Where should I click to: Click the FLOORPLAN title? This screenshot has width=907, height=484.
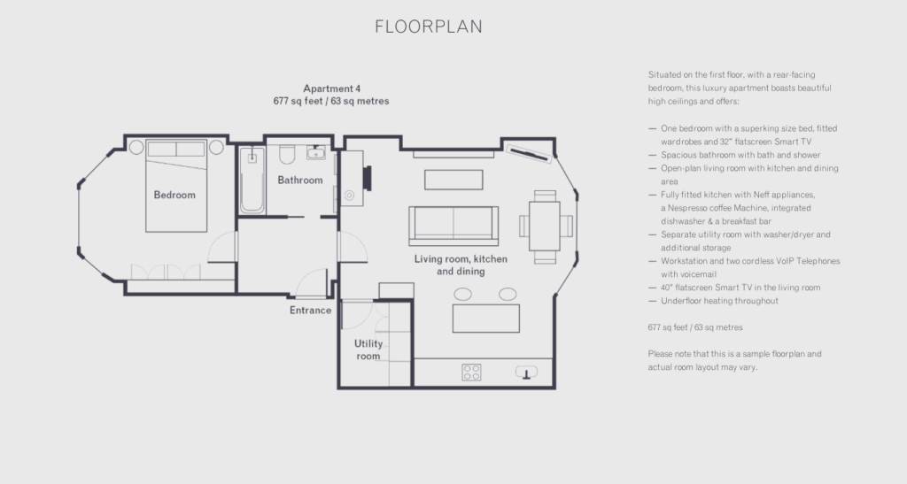click(429, 27)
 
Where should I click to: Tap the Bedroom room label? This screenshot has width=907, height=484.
click(174, 196)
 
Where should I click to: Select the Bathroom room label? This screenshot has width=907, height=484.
click(300, 181)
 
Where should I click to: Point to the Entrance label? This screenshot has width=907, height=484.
click(311, 311)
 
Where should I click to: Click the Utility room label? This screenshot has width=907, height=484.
click(368, 350)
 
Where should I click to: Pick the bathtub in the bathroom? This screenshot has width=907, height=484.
click(252, 181)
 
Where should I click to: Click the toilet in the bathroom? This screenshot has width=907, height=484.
click(287, 154)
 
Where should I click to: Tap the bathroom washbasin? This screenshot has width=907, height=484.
click(316, 152)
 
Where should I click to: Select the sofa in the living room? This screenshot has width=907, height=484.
click(453, 225)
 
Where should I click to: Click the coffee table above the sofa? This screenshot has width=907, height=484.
click(453, 180)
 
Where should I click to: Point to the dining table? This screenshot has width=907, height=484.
click(545, 226)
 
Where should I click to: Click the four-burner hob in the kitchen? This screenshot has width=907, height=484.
click(471, 373)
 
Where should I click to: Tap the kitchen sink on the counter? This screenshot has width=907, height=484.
click(526, 373)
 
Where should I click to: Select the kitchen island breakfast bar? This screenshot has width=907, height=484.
click(486, 319)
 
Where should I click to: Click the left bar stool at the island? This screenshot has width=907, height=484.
click(462, 295)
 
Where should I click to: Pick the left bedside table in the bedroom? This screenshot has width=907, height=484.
click(136, 147)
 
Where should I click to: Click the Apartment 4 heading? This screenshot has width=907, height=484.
click(331, 88)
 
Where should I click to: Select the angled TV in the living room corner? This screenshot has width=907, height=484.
click(529, 154)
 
